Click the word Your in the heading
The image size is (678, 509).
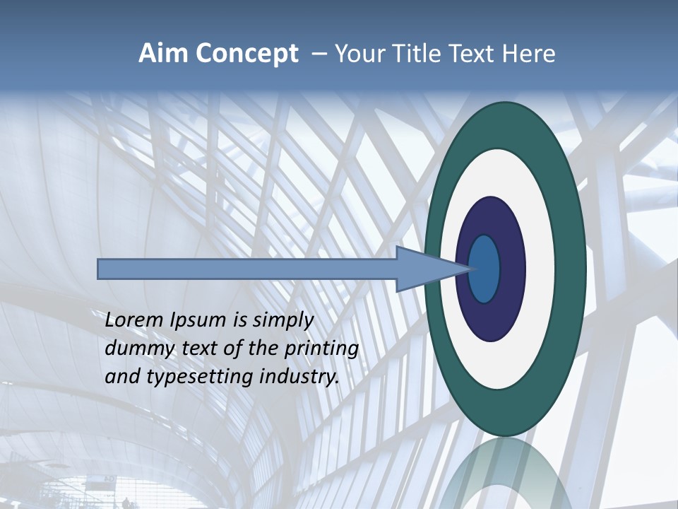pos(360,54)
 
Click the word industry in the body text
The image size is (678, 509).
pos(299,378)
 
